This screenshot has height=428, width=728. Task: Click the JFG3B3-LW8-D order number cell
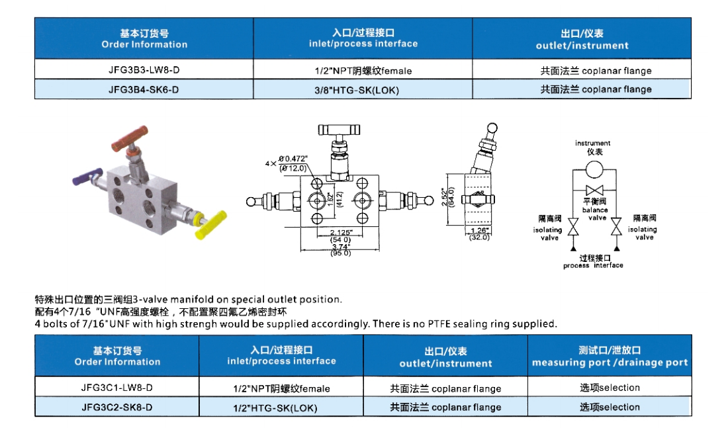144,69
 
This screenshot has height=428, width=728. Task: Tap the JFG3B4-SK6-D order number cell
144,89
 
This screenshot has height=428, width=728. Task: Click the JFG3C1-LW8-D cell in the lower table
117,387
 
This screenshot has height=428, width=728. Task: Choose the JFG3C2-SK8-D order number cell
117,407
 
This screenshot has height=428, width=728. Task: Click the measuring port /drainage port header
610,356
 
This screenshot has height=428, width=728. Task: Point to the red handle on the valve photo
130,138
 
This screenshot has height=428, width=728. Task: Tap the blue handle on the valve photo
87,177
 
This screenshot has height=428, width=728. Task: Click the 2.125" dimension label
341,232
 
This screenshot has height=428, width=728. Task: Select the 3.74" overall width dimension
340,247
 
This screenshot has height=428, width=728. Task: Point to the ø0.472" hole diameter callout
293,159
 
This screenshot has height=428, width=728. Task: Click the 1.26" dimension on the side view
478,230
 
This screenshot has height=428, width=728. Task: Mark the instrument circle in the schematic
594,170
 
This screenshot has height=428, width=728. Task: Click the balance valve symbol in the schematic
594,190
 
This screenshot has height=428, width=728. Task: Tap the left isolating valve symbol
573,227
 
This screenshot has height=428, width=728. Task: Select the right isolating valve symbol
616,227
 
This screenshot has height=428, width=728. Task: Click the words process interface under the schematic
593,265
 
